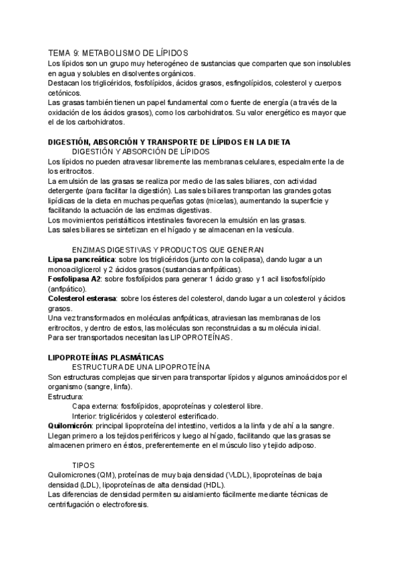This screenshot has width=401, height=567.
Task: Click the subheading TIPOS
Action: coord(84,465)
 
